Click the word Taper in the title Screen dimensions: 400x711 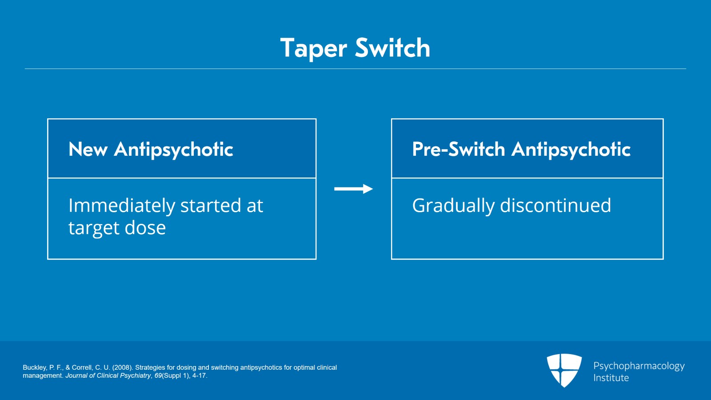click(x=313, y=48)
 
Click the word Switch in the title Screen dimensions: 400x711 click(x=393, y=48)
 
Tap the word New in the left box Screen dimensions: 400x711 click(x=88, y=149)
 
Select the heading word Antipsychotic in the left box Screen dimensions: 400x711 click(x=173, y=149)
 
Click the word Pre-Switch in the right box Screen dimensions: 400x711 click(x=459, y=149)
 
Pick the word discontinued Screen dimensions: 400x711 click(x=555, y=206)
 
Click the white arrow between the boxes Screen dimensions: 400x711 click(x=353, y=189)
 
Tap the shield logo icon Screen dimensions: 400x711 click(x=564, y=370)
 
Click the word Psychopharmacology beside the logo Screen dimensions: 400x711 click(x=639, y=366)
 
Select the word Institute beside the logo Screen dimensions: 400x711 click(x=611, y=378)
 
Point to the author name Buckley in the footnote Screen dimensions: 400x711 click(x=35, y=368)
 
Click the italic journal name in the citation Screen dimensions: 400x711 click(x=108, y=376)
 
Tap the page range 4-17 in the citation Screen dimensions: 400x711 click(x=199, y=376)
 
